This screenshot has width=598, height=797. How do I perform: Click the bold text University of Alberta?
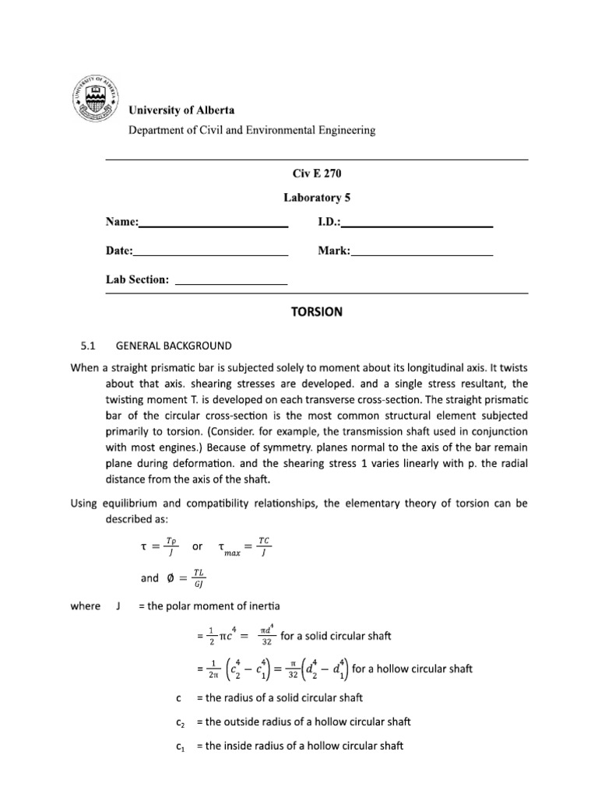[181, 111]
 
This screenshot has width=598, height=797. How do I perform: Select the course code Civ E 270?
[316, 176]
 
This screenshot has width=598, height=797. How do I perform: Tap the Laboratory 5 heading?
[316, 198]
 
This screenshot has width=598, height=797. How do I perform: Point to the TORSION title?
[316, 311]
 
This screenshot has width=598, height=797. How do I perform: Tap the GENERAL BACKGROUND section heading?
[174, 345]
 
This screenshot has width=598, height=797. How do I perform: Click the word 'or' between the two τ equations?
[197, 547]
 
